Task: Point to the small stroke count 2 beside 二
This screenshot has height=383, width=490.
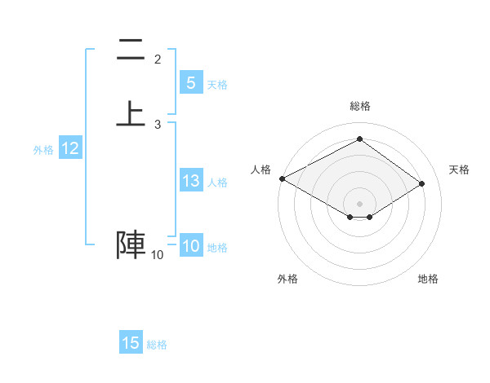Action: tap(158, 59)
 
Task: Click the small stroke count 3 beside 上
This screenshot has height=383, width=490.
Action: tap(158, 124)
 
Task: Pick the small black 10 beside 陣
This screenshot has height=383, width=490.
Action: tap(157, 255)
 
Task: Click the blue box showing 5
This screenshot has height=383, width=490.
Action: tap(191, 83)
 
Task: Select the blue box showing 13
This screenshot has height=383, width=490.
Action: tap(191, 181)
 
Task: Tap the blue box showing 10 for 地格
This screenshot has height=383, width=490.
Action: tap(191, 247)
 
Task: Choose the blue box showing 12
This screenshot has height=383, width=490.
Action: tap(70, 148)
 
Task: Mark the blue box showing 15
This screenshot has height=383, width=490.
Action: tap(131, 343)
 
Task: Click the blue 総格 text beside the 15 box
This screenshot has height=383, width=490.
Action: tap(157, 345)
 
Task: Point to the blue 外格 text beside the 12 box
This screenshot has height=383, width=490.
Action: tap(43, 150)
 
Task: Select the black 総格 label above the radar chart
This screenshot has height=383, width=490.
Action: tap(360, 106)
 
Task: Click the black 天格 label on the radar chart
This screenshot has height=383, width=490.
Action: tap(460, 169)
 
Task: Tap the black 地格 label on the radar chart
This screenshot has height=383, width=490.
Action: tap(428, 279)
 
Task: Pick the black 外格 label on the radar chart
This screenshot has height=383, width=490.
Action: tap(287, 279)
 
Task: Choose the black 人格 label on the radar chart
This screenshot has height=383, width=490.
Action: tap(261, 169)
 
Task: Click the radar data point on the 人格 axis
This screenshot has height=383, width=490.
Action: tap(282, 178)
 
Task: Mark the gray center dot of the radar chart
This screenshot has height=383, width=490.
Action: tap(360, 203)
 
